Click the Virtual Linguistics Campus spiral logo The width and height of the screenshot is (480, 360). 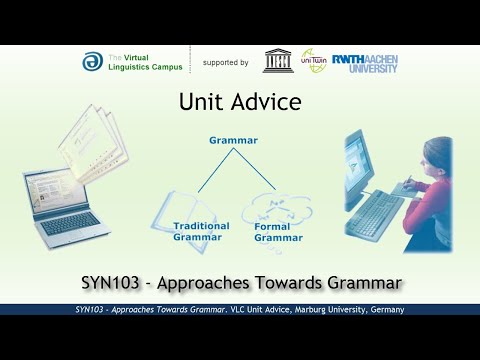[x=91, y=62]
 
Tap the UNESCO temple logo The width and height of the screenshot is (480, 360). [x=278, y=61]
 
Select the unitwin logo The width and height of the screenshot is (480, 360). [x=314, y=61]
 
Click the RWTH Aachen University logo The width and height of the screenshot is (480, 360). [x=364, y=62]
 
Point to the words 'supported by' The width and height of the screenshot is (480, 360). [x=225, y=62]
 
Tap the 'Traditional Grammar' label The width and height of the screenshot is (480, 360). [x=200, y=231]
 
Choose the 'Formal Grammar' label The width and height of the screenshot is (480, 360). [x=279, y=231]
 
